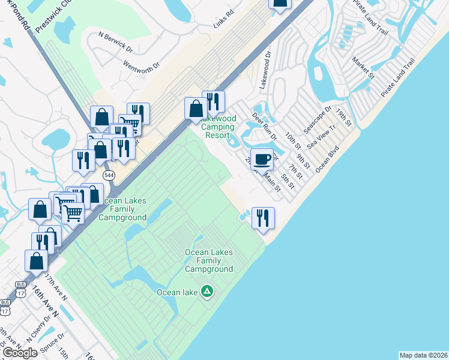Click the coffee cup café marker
pyautogui.click(x=261, y=160)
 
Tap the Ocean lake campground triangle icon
pyautogui.click(x=207, y=292)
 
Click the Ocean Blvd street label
pyautogui.click(x=328, y=157)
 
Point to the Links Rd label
pyautogui.click(x=223, y=26)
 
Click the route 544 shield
pyautogui.click(x=109, y=175)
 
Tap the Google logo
pyautogui.click(x=20, y=352)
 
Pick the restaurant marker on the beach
pyautogui.click(x=263, y=218)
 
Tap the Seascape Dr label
pyautogui.click(x=317, y=122)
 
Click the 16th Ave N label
pyautogui.click(x=46, y=301)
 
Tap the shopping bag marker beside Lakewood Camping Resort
pyautogui.click(x=196, y=109)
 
